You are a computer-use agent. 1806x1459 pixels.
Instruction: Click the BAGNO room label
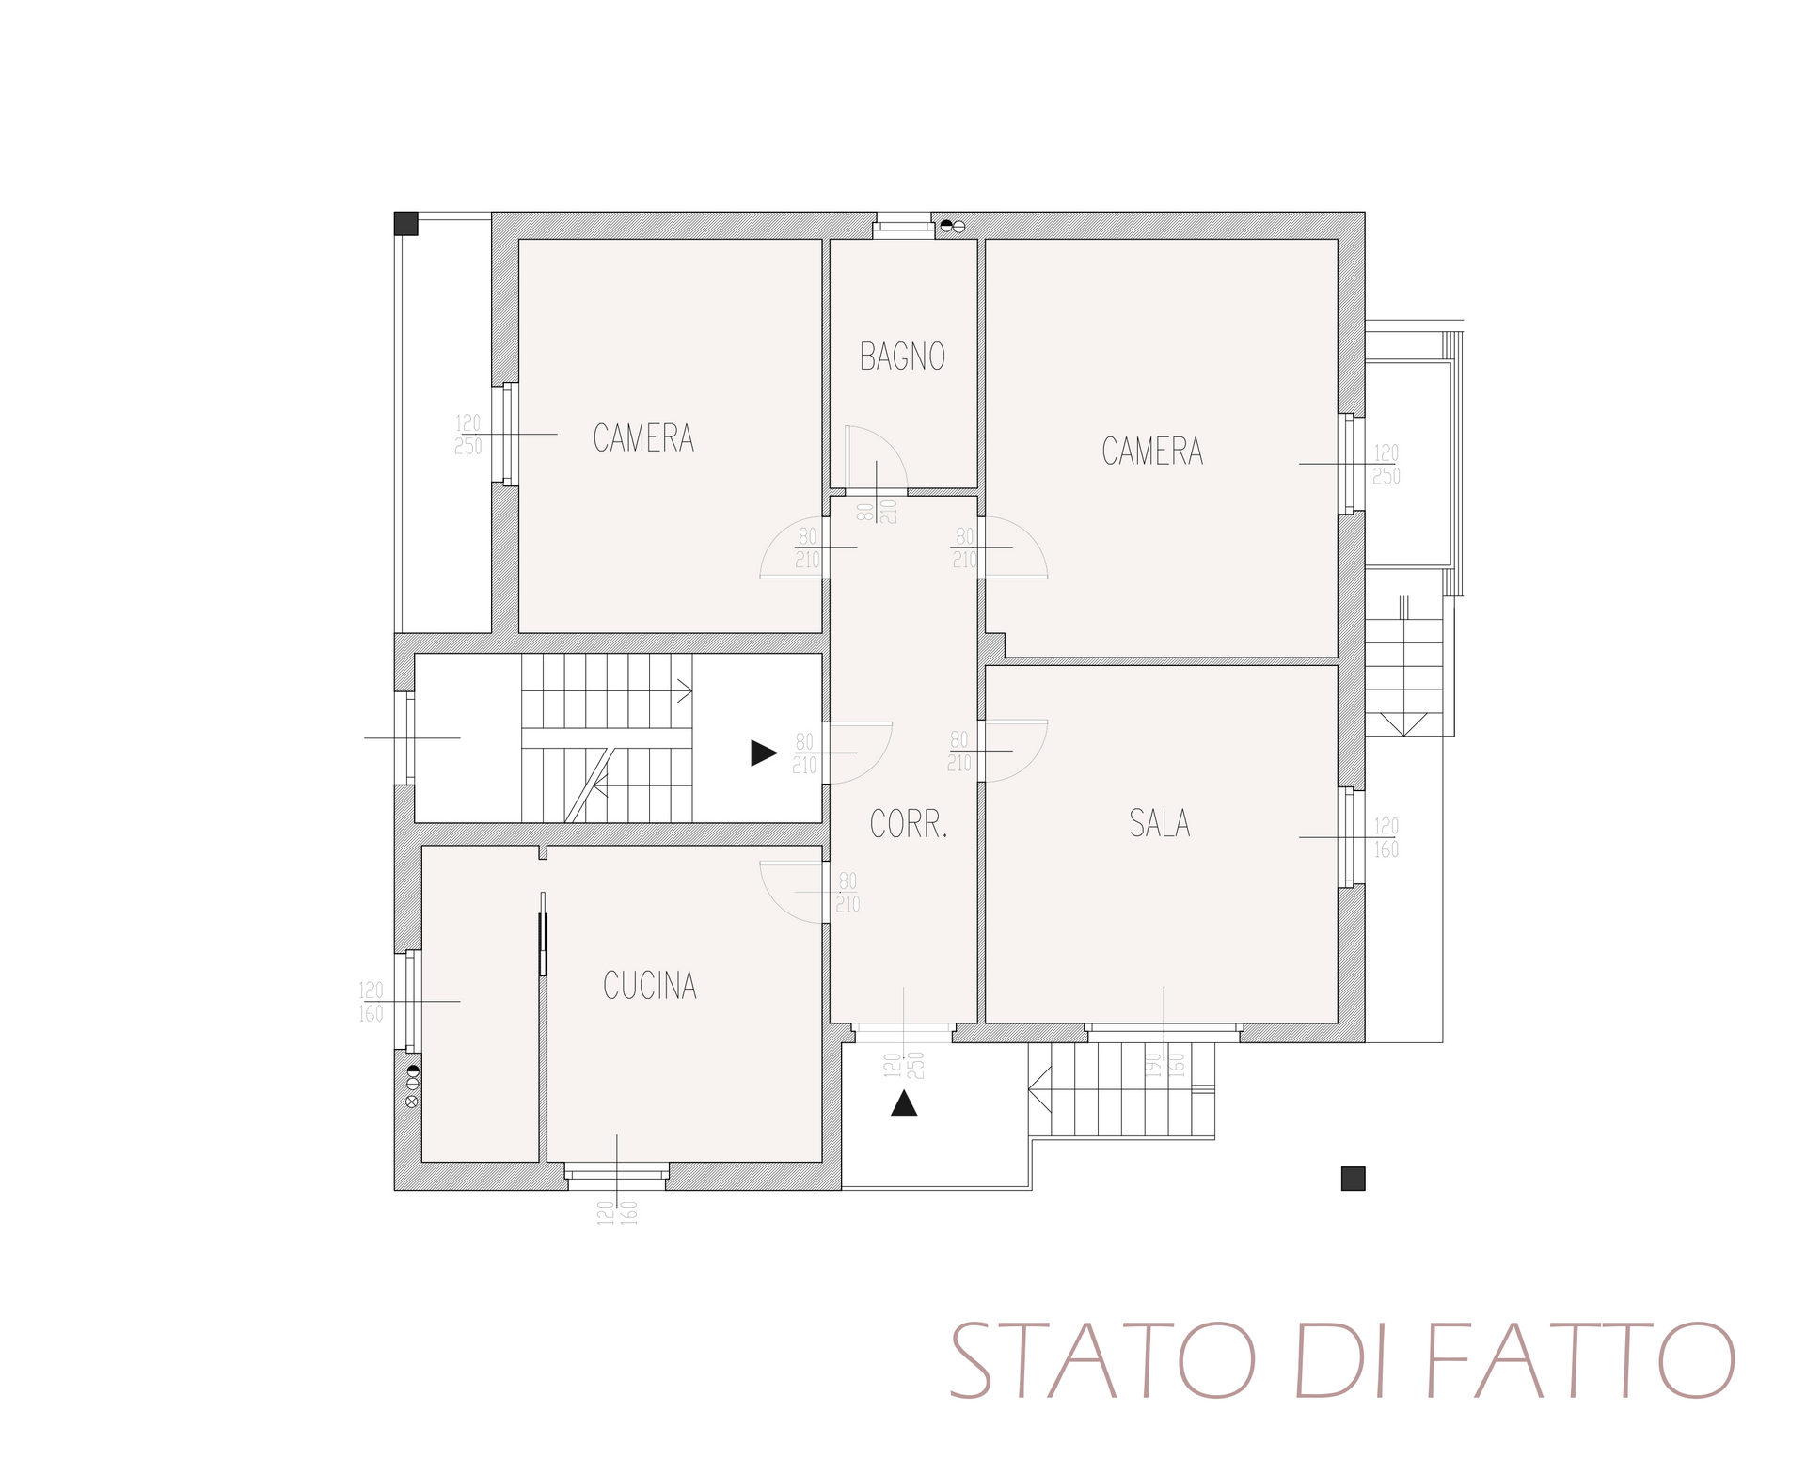tap(902, 357)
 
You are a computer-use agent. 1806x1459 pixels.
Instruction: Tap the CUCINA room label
tap(650, 985)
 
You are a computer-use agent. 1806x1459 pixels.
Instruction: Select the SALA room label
tap(1160, 824)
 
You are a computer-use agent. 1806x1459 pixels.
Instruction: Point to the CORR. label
tap(909, 825)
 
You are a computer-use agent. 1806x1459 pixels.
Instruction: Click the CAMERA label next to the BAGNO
tap(643, 437)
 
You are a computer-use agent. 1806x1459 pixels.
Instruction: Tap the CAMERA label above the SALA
tap(1152, 452)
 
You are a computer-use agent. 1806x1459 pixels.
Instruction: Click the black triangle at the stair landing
tap(764, 753)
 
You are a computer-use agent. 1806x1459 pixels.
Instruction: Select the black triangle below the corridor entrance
tap(904, 1103)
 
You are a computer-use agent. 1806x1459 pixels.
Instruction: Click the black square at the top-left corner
tap(405, 223)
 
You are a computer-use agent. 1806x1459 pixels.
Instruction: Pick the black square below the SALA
tap(1353, 1178)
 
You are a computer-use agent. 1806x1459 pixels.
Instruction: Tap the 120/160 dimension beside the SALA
tap(1386, 838)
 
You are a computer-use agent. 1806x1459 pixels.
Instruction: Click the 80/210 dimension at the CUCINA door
tap(848, 893)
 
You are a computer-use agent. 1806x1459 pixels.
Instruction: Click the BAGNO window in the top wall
tap(902, 226)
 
